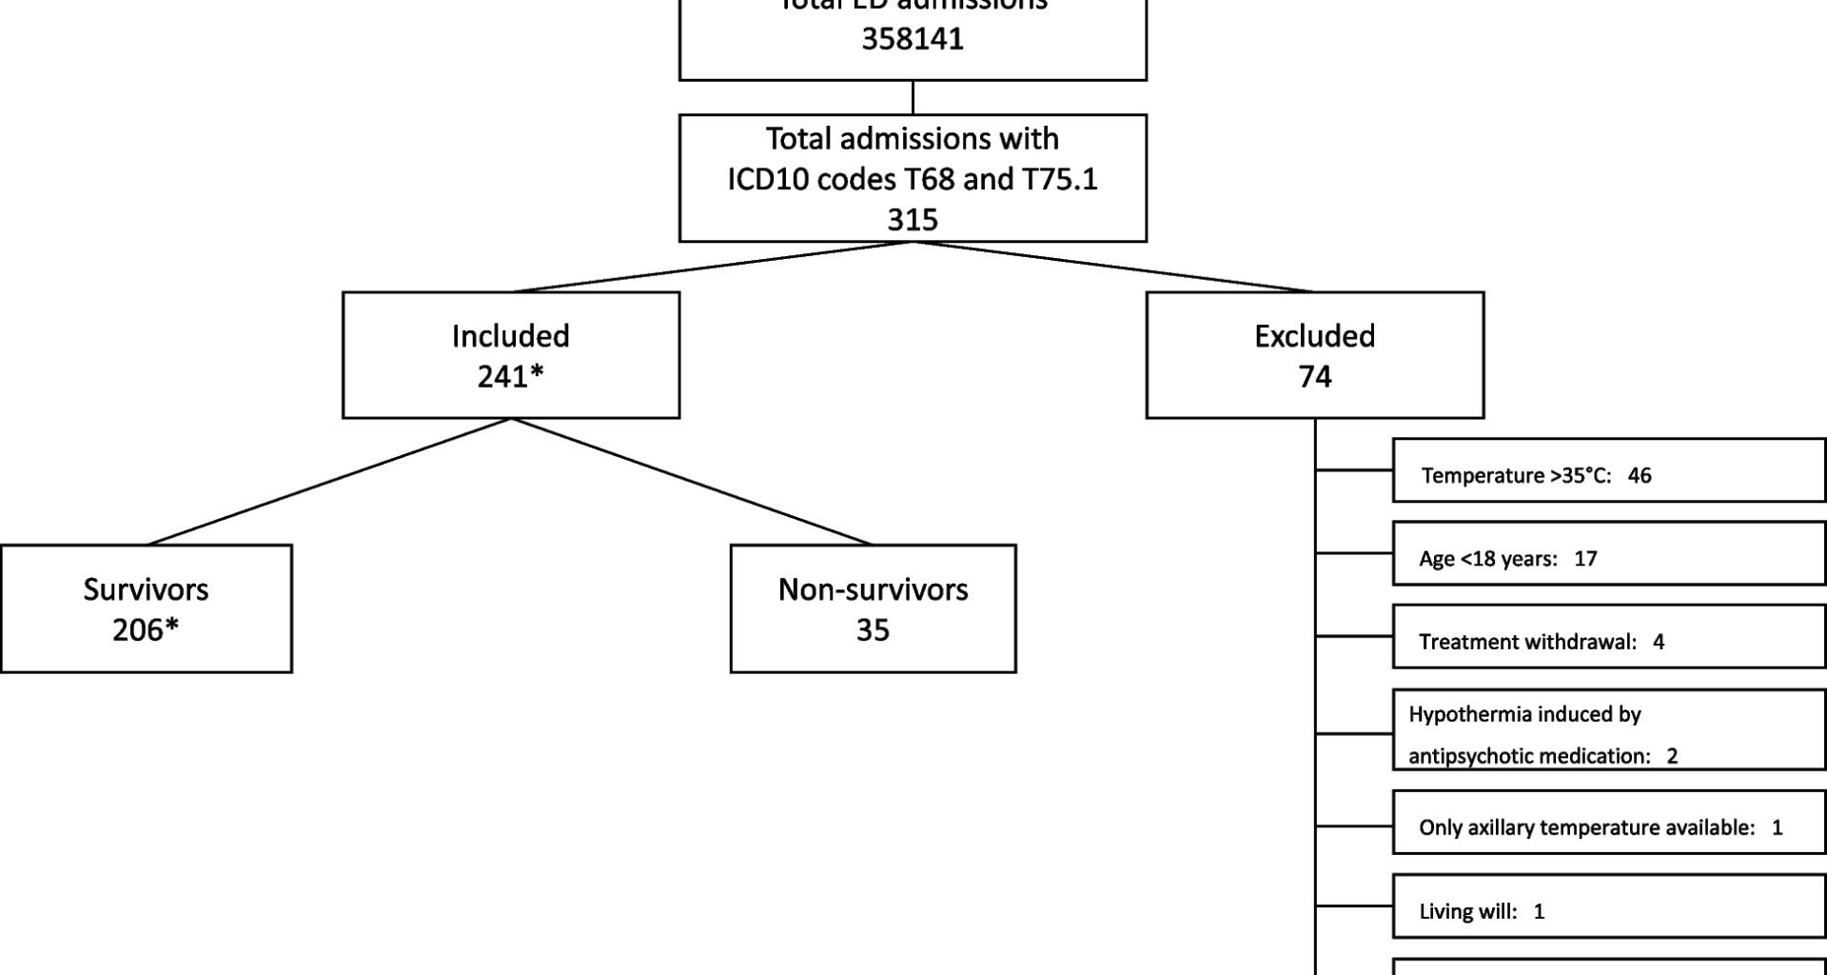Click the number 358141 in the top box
coord(912,39)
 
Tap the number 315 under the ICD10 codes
coord(912,220)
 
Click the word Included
coord(510,336)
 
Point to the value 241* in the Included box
coord(510,377)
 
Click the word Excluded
coord(1314,336)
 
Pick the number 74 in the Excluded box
coord(1314,377)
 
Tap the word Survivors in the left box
coord(146,589)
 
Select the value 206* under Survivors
coord(146,630)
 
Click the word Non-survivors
coord(873,589)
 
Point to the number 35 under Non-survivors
coord(873,630)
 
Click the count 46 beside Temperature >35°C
coord(1639,475)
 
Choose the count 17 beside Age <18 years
coord(1584,559)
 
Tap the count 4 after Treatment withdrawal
coord(1659,642)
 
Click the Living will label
coord(1467,911)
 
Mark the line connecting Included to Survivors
coord(329,482)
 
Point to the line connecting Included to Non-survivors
coord(692,482)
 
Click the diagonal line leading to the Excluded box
coord(1113,267)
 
